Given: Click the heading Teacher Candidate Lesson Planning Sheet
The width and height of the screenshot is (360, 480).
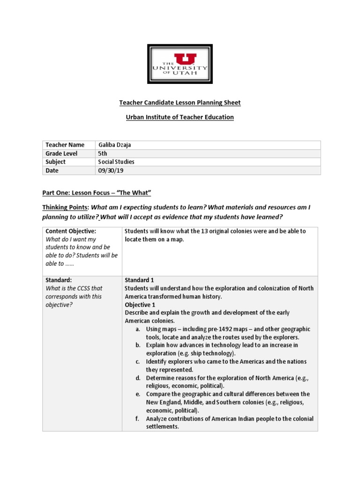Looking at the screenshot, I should [180, 102].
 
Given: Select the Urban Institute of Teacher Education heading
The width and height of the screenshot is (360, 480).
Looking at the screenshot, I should [180, 117].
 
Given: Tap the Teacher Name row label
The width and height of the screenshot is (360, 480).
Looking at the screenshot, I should [65, 145].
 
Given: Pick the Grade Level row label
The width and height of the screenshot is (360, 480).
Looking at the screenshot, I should [61, 153].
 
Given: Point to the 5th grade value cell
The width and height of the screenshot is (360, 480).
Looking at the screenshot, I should [103, 153].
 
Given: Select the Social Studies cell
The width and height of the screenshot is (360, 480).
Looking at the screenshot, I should [116, 162].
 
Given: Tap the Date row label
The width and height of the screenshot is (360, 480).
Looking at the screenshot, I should [52, 171].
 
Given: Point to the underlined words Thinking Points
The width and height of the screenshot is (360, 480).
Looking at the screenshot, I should [65, 207].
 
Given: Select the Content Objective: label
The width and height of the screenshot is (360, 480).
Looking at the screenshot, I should [71, 231].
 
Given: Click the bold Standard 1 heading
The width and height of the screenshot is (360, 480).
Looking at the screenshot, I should [139, 280].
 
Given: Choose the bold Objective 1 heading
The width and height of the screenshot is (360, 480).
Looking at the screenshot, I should [140, 305].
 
